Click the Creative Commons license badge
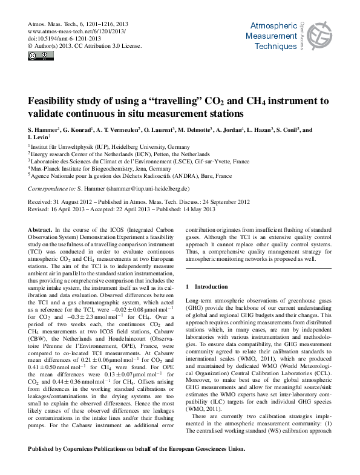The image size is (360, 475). click(38, 56)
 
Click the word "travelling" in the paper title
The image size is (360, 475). click(185, 101)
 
